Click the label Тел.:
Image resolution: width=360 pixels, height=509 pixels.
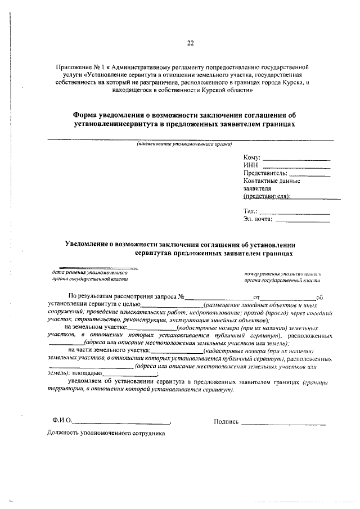pos(250,211)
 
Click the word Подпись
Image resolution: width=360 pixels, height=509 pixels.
pos(226,421)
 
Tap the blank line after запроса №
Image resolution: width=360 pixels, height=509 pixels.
pos(219,298)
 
